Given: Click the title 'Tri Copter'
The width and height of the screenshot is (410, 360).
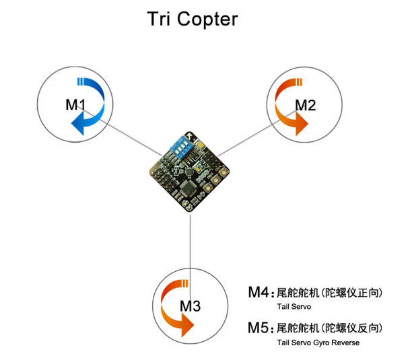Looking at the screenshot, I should point(192,19).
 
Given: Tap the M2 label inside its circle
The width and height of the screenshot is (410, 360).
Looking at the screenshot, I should point(306,105).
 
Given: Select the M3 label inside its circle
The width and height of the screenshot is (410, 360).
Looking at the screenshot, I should point(191,307).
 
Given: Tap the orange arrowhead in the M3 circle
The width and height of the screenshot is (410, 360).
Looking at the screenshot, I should point(186,325).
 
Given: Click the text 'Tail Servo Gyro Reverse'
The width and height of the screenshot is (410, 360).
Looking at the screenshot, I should point(318,343).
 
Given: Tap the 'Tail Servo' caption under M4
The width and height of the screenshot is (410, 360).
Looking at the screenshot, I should point(292,307).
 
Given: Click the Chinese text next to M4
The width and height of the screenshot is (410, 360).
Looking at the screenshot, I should point(330,293).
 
